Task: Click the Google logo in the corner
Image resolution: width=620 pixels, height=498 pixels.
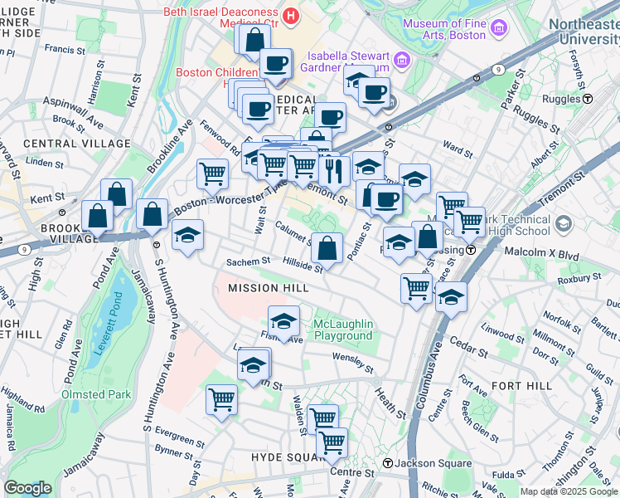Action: tap(27, 488)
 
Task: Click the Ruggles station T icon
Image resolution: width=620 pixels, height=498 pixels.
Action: tap(588, 98)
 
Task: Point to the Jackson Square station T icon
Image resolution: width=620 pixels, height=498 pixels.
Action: tap(386, 462)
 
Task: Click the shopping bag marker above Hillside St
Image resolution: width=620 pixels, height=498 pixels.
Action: tap(327, 247)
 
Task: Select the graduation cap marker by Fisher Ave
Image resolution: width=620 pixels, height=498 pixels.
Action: tap(283, 321)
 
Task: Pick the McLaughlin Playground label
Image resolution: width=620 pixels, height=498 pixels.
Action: tap(342, 330)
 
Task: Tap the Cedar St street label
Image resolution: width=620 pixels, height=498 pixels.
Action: tap(467, 342)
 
